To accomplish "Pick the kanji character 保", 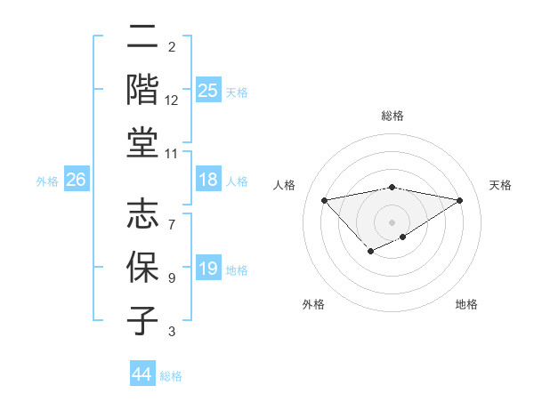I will (143, 268).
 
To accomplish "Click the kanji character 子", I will (143, 320).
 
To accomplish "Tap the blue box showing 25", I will (208, 91).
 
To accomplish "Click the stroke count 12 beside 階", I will (172, 100).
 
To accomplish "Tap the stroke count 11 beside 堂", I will (172, 154).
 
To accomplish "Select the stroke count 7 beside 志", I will (172, 214).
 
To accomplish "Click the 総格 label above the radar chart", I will (392, 116).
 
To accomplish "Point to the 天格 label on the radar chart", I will (501, 185).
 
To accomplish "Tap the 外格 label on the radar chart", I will (313, 304).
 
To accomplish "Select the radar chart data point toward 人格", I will (324, 199).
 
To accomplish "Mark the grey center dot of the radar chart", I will (392, 221).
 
